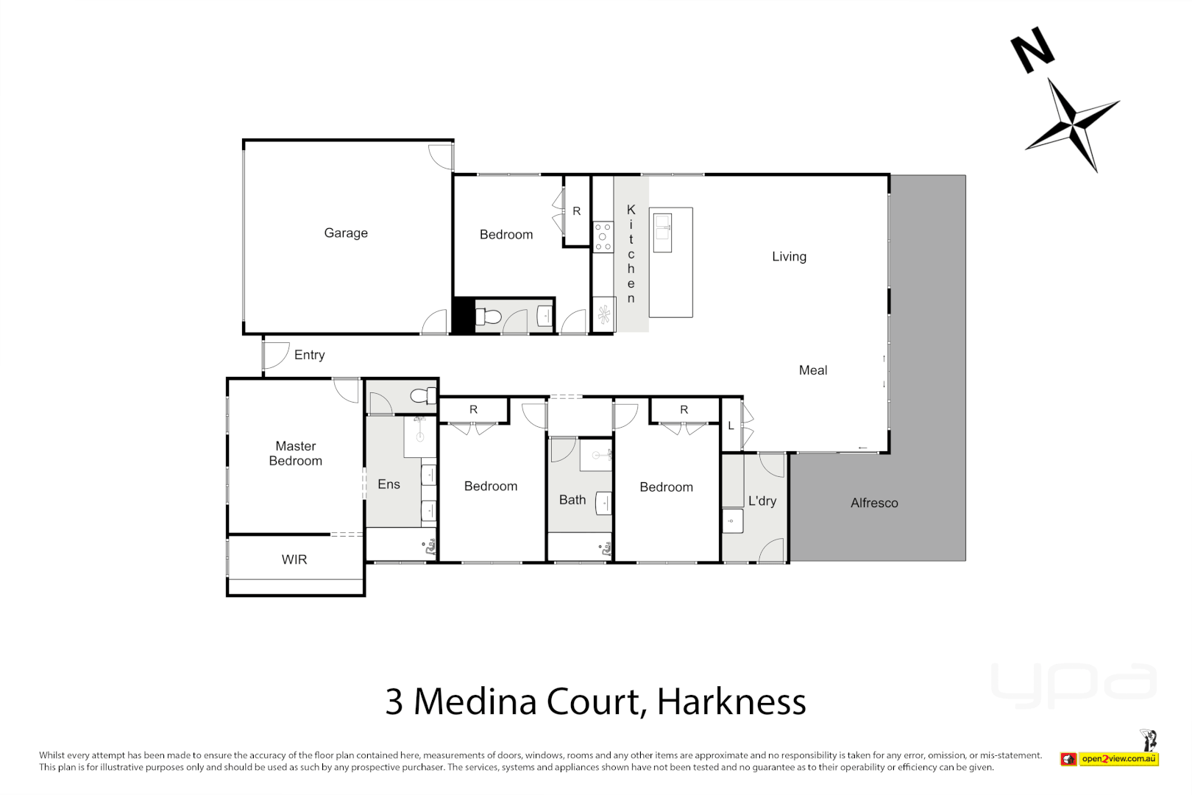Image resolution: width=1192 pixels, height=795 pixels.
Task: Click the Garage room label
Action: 346,233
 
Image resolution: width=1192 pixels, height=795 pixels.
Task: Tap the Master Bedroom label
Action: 296,453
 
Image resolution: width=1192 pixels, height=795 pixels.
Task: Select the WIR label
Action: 294,559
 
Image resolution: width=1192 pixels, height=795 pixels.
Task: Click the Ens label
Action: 389,484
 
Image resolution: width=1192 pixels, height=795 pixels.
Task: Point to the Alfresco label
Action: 874,504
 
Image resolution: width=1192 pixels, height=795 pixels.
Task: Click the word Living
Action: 789,257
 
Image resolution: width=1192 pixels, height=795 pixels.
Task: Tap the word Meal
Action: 813,370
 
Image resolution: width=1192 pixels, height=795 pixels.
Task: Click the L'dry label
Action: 762,501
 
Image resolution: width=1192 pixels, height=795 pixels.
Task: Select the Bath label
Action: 572,500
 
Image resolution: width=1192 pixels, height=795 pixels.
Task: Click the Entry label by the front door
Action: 309,355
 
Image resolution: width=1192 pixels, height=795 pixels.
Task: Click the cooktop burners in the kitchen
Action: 603,237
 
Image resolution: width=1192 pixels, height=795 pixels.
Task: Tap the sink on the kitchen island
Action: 663,227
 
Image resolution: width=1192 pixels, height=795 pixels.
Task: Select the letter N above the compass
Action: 1032,50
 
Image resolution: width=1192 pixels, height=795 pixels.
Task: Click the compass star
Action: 1073,123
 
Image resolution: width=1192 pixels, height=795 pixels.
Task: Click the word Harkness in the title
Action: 731,702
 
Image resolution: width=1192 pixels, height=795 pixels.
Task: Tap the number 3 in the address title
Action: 394,702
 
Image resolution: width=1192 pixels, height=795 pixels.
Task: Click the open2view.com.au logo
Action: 1118,759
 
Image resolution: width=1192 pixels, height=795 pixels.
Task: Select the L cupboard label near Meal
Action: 731,426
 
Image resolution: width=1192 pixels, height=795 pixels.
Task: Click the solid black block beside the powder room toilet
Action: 463,316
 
